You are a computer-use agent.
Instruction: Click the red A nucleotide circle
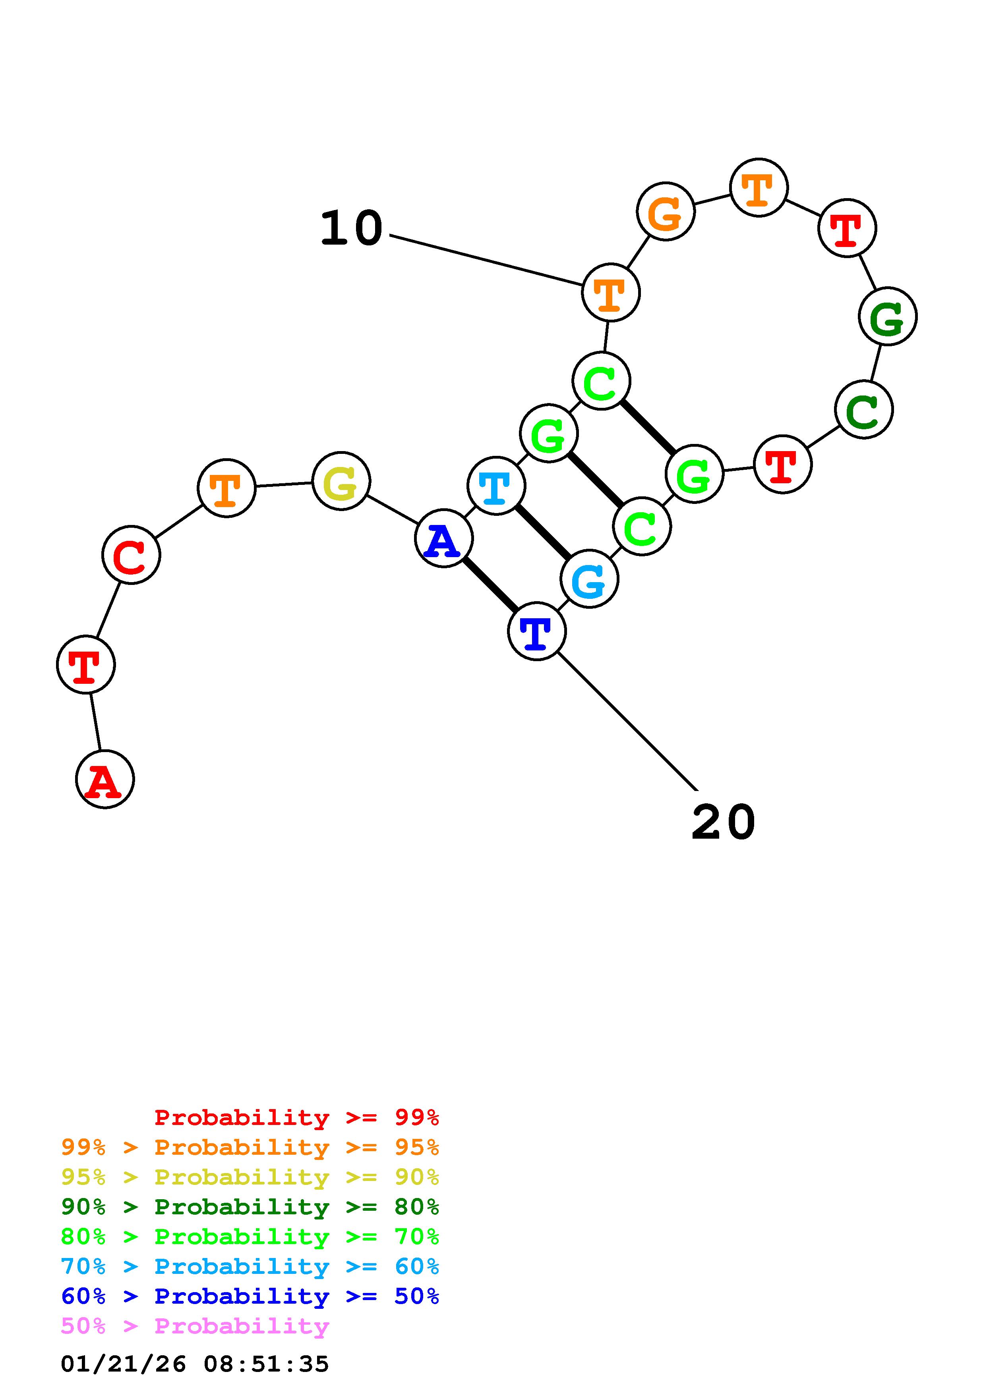click(x=104, y=779)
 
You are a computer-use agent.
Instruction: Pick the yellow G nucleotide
click(x=341, y=481)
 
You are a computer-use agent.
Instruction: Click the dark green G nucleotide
click(x=887, y=316)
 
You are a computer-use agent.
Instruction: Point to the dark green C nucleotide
click(x=864, y=409)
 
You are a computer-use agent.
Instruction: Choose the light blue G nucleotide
click(x=589, y=579)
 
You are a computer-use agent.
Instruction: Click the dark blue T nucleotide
click(x=536, y=631)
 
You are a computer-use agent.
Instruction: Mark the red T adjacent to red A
click(x=85, y=664)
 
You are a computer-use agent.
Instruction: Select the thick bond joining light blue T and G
click(x=543, y=533)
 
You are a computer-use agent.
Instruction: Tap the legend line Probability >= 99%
click(x=297, y=1117)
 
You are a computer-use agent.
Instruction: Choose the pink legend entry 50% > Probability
click(x=195, y=1326)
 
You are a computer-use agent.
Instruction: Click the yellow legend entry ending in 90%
click(x=250, y=1177)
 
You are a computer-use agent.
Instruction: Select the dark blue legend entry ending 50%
click(x=250, y=1296)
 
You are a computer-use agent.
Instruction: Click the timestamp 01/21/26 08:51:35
click(x=195, y=1364)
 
